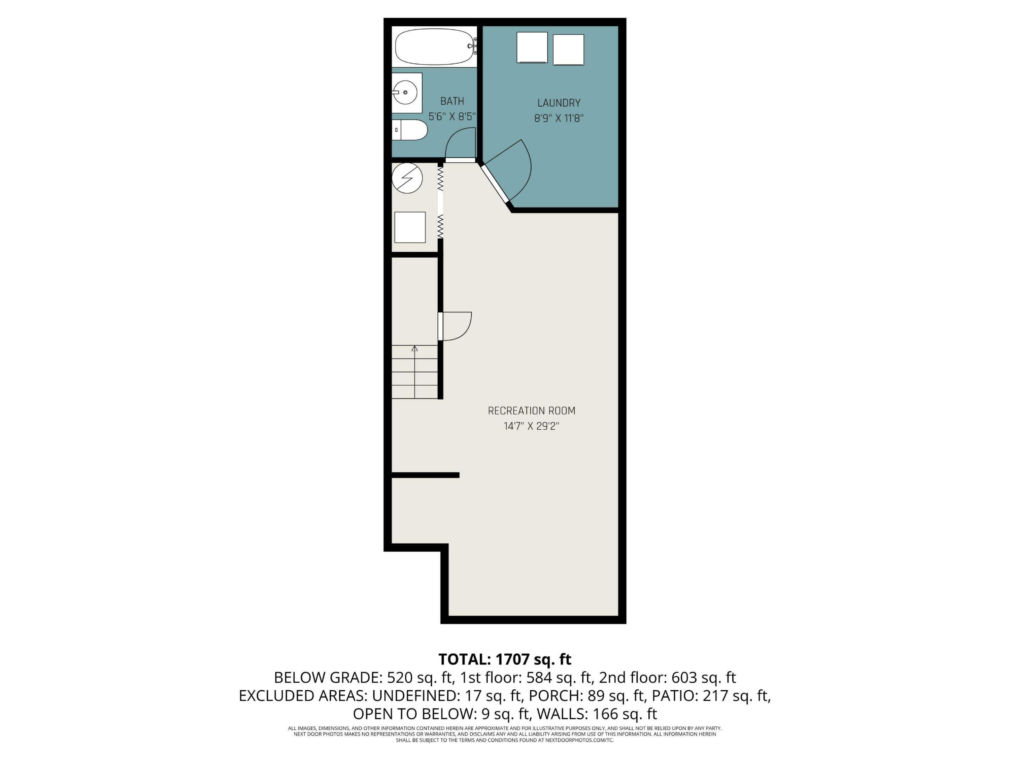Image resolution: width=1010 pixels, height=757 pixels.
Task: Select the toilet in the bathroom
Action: (410, 130)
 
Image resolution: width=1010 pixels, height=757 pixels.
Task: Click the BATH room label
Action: (452, 101)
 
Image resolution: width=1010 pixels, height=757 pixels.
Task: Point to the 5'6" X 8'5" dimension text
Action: (452, 117)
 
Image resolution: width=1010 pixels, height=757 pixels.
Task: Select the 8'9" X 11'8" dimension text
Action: (559, 118)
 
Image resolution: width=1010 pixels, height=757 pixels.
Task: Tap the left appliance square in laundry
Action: (532, 47)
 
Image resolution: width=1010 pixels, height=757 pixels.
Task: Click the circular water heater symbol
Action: (407, 178)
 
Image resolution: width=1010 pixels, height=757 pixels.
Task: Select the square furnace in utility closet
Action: (410, 227)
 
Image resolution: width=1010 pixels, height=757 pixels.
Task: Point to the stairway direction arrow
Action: (414, 349)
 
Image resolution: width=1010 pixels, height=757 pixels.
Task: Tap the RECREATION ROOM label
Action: (532, 411)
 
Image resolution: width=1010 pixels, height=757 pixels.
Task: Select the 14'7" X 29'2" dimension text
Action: (532, 426)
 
